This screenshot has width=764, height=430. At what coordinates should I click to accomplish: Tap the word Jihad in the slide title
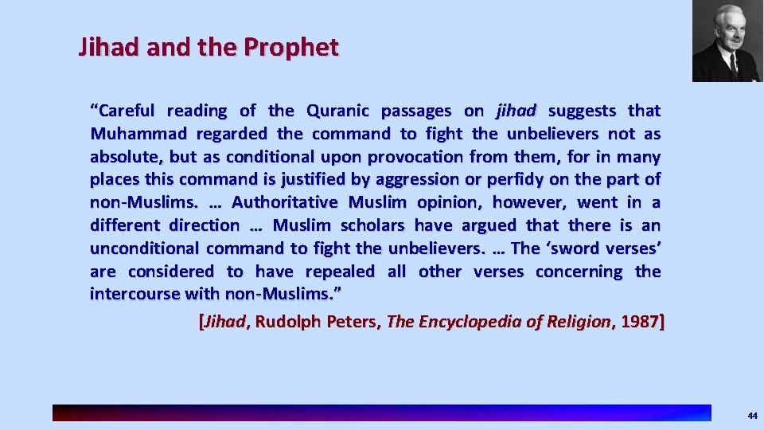tap(99, 48)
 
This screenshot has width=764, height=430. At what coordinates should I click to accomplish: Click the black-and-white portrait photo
tap(722, 41)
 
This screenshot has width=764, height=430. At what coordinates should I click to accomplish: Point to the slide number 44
tap(752, 416)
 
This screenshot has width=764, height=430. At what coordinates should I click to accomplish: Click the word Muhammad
tap(133, 134)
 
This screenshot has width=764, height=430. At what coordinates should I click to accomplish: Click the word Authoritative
tap(284, 202)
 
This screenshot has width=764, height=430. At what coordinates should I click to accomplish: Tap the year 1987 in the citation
tap(640, 322)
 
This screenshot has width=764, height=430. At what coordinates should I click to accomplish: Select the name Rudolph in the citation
tap(290, 322)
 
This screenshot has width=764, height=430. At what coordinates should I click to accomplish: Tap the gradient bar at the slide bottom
tap(382, 412)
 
